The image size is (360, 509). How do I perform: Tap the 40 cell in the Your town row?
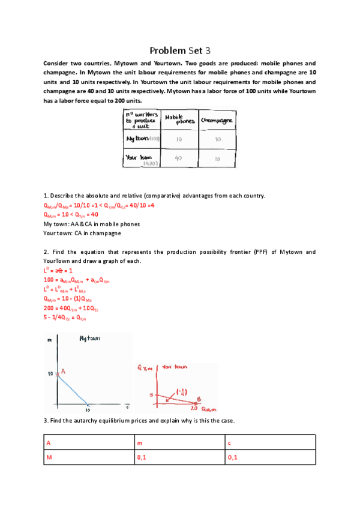pos(178,158)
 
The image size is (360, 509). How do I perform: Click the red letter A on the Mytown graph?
pos(63,372)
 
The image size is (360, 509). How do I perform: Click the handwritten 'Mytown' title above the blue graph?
pos(90,339)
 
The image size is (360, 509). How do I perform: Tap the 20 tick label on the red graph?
pos(193,408)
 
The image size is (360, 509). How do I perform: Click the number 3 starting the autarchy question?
pos(46,420)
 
